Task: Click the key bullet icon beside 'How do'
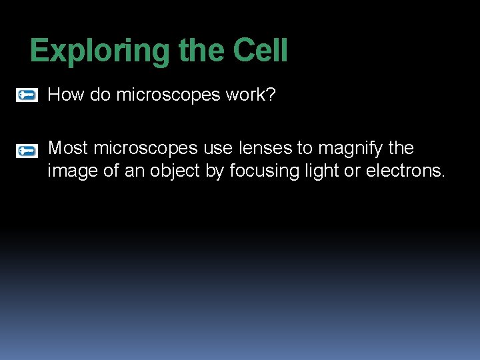pyautogui.click(x=27, y=95)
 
